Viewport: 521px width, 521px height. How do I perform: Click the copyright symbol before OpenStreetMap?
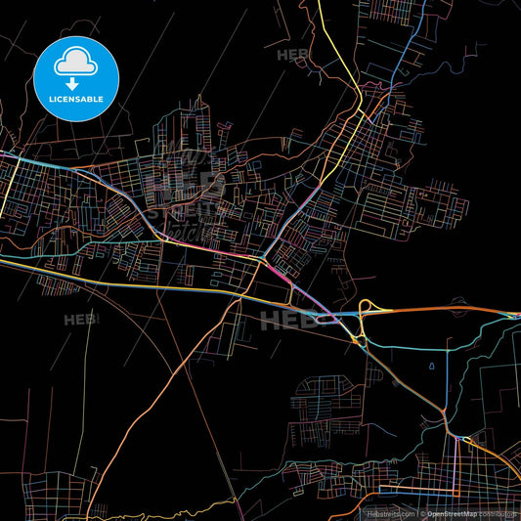422,512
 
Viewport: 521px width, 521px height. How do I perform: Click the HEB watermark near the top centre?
293,55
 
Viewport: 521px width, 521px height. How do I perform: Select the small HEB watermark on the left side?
79,320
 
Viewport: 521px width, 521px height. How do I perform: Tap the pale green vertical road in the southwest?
87,371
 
